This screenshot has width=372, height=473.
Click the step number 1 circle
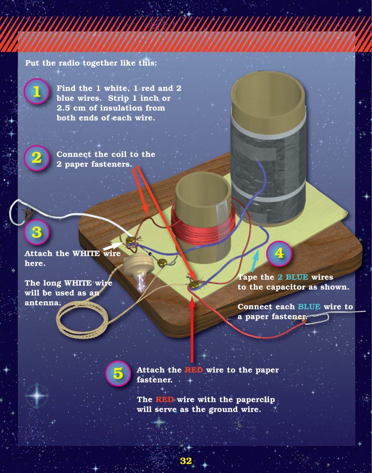(36, 91)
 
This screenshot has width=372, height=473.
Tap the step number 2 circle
(36, 158)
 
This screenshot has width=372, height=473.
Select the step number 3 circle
(36, 232)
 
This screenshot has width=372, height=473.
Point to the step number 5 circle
(118, 373)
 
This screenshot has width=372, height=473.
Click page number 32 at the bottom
(186, 461)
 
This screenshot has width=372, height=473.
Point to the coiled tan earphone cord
(83, 319)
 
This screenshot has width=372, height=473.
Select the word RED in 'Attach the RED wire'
(194, 370)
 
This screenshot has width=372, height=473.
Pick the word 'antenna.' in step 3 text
(42, 303)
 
